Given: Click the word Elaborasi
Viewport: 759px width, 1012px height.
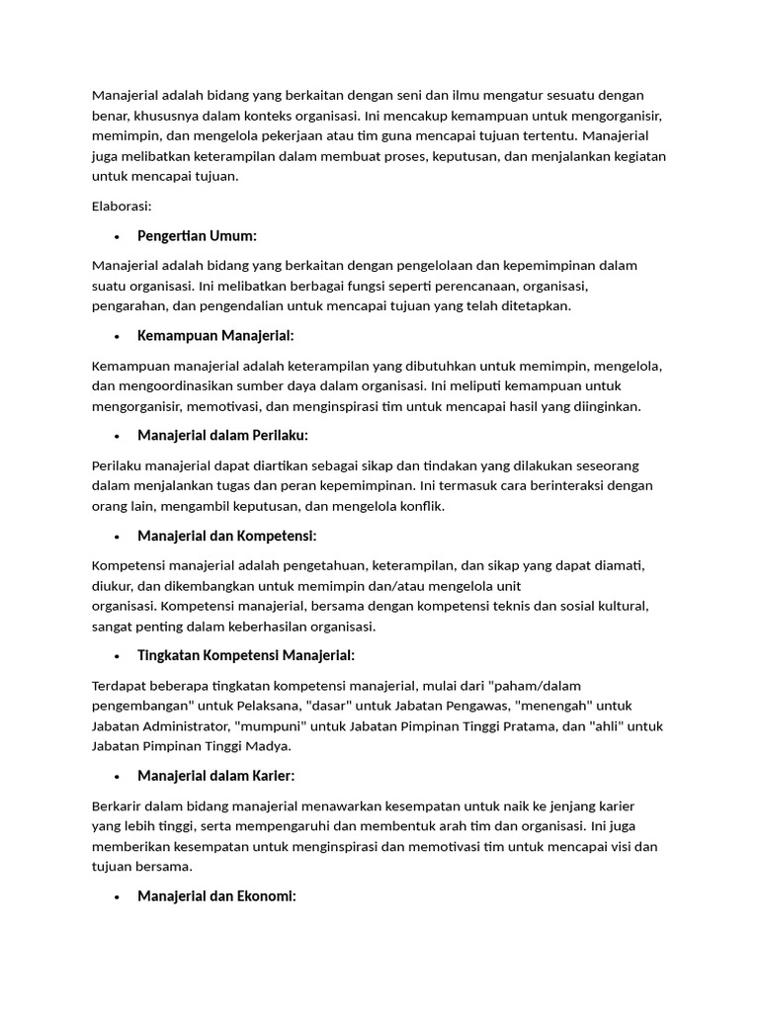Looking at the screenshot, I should [x=121, y=206].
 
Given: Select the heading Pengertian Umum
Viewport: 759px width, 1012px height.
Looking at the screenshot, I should [x=197, y=235].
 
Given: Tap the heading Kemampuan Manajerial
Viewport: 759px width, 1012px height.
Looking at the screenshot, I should [x=215, y=335].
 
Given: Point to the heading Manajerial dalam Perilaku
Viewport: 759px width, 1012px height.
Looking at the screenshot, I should [x=222, y=435].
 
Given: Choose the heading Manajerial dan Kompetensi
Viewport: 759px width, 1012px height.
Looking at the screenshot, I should [x=226, y=535].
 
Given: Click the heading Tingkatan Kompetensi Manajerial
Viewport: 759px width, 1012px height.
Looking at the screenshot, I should [x=245, y=655].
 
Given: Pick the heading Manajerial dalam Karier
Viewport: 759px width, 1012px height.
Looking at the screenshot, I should [x=215, y=776].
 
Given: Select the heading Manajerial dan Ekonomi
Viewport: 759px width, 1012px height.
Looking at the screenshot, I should [x=216, y=896].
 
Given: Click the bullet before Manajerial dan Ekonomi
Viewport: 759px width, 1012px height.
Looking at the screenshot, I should [x=117, y=897].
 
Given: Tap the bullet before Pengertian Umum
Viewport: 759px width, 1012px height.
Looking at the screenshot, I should [x=117, y=236].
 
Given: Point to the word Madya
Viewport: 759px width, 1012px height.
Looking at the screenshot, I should [x=267, y=746].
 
